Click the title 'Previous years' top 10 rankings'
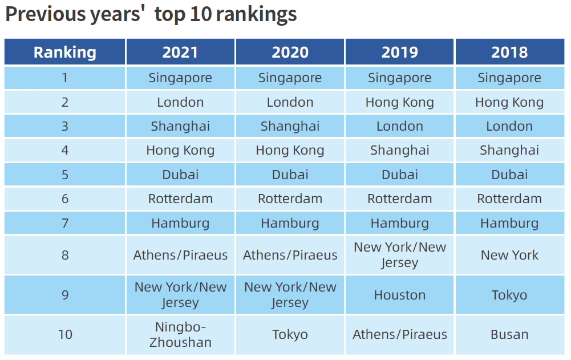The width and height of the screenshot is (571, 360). [151, 15]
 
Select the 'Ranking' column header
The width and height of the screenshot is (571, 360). [64, 52]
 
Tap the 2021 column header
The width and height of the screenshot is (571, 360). [180, 52]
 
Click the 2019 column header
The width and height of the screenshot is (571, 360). [399, 52]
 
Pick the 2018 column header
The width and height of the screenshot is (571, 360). [509, 52]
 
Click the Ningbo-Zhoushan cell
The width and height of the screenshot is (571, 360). [180, 335]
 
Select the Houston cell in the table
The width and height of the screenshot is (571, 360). [399, 295]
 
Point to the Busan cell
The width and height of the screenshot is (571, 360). [509, 335]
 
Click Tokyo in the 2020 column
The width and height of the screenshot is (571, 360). [290, 335]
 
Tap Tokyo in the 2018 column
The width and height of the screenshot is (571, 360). [509, 295]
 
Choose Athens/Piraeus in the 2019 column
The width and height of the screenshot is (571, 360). [399, 335]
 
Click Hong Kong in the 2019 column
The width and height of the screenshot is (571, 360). [399, 103]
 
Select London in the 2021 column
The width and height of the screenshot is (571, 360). [180, 103]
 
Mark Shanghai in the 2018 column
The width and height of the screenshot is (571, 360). [509, 151]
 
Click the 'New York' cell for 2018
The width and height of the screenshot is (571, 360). [509, 255]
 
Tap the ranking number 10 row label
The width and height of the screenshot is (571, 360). [65, 335]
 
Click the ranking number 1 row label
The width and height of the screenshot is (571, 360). [65, 78]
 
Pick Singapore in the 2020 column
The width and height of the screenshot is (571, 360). [290, 78]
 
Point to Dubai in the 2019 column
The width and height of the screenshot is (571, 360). [399, 175]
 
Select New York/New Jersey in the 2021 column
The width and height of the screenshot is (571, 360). [180, 295]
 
